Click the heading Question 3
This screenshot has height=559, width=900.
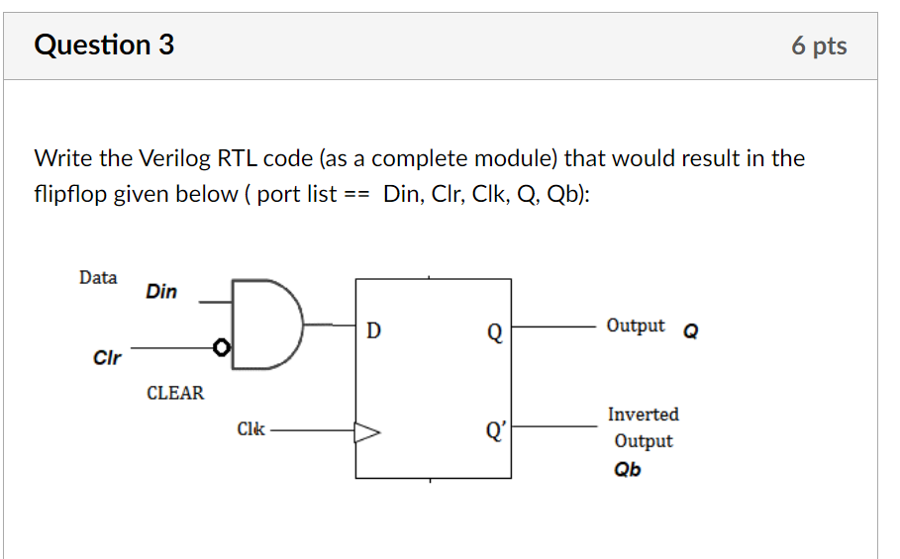tap(104, 46)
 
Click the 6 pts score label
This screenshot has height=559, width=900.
tap(819, 47)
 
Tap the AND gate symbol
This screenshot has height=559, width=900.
tap(266, 324)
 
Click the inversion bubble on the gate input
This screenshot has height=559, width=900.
tap(223, 348)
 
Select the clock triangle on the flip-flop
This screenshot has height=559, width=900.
tap(367, 431)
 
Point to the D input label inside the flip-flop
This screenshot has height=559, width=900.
tap(373, 330)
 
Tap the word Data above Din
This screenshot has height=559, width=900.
tap(98, 278)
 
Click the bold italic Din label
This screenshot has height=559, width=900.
tap(161, 291)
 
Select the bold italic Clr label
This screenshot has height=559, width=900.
tap(106, 357)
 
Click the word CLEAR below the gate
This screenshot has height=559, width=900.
tap(175, 393)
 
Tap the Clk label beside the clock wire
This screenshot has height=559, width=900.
tap(250, 429)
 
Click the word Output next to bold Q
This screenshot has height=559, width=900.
tap(636, 326)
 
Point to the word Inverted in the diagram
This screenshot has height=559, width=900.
tap(644, 415)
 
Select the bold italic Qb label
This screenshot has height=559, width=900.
tap(627, 469)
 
